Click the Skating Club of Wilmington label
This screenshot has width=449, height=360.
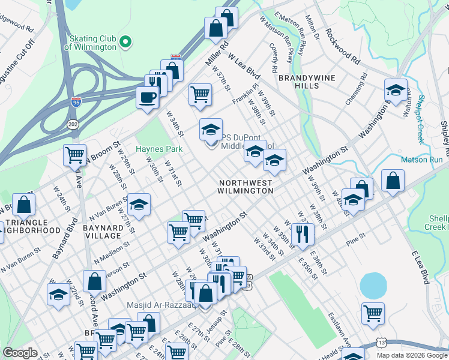pos(90,42)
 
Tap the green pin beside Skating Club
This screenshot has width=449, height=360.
pos(125,41)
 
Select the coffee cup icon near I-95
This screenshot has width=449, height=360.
pos(147,97)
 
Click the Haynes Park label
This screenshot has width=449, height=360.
pos(158,149)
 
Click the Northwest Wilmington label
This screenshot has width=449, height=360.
pos(246,186)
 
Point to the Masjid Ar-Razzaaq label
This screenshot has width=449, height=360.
pos(160,305)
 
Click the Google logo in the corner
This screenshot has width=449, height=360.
pos(20,353)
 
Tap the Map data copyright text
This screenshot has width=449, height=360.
pos(411,355)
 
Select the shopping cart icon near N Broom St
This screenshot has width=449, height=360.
pos(75,154)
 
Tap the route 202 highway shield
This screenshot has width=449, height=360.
pos(72,124)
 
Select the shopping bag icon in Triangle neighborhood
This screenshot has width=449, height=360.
pos(24,204)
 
